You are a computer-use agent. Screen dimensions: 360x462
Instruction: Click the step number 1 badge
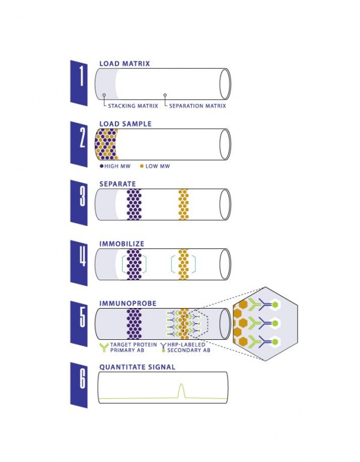pyautogui.click(x=79, y=83)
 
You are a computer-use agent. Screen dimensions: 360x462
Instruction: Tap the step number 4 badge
pyautogui.click(x=79, y=263)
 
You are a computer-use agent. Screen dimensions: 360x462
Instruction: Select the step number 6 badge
pyautogui.click(x=79, y=385)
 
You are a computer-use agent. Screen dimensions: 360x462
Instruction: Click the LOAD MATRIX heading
pyautogui.click(x=124, y=64)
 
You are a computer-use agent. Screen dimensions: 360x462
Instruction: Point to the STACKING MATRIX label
pyautogui.click(x=133, y=106)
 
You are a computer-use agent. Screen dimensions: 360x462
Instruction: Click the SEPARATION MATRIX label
pyautogui.click(x=198, y=106)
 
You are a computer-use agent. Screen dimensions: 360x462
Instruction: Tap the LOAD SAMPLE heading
pyautogui.click(x=126, y=124)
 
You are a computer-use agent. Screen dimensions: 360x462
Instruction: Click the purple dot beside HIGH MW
pyautogui.click(x=102, y=166)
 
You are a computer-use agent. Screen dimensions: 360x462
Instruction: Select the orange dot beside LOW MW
pyautogui.click(x=142, y=166)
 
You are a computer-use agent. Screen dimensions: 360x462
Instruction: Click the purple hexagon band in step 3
pyautogui.click(x=134, y=205)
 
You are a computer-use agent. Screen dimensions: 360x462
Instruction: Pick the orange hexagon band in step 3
pyautogui.click(x=183, y=205)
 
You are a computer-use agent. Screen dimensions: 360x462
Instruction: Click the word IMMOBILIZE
pyautogui.click(x=122, y=244)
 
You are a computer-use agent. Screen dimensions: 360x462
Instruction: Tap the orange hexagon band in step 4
pyautogui.click(x=183, y=264)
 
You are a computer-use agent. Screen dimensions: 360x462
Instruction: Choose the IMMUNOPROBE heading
pyautogui.click(x=128, y=303)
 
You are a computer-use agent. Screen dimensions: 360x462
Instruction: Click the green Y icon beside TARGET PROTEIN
pyautogui.click(x=104, y=347)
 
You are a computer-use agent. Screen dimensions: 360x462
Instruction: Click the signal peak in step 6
pyautogui.click(x=182, y=384)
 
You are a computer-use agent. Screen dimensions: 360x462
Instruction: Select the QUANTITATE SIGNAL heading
pyautogui.click(x=137, y=367)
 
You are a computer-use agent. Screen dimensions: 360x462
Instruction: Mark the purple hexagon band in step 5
pyautogui.click(x=134, y=324)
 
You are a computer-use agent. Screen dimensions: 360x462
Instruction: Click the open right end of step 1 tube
pyautogui.click(x=225, y=84)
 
